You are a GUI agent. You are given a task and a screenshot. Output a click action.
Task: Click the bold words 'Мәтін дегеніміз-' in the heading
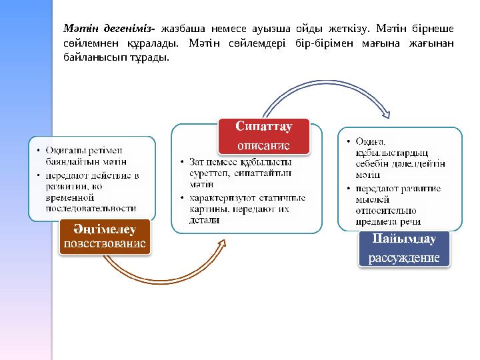(109, 29)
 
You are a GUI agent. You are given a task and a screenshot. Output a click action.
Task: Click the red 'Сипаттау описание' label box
(263, 136)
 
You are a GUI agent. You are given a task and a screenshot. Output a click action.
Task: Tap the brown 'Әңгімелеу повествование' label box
(105, 237)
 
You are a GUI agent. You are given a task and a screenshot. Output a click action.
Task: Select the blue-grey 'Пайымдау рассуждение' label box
(404, 249)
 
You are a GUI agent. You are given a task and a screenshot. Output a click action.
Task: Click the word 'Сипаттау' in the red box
(263, 127)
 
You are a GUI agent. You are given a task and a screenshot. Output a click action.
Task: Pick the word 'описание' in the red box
(263, 145)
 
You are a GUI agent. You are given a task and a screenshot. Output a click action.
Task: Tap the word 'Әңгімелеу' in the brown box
(105, 229)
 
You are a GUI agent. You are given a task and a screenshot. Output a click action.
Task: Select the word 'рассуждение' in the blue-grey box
(404, 258)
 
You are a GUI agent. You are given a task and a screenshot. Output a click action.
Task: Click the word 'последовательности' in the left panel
(91, 208)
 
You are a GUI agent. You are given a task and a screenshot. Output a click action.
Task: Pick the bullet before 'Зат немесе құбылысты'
(182, 162)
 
